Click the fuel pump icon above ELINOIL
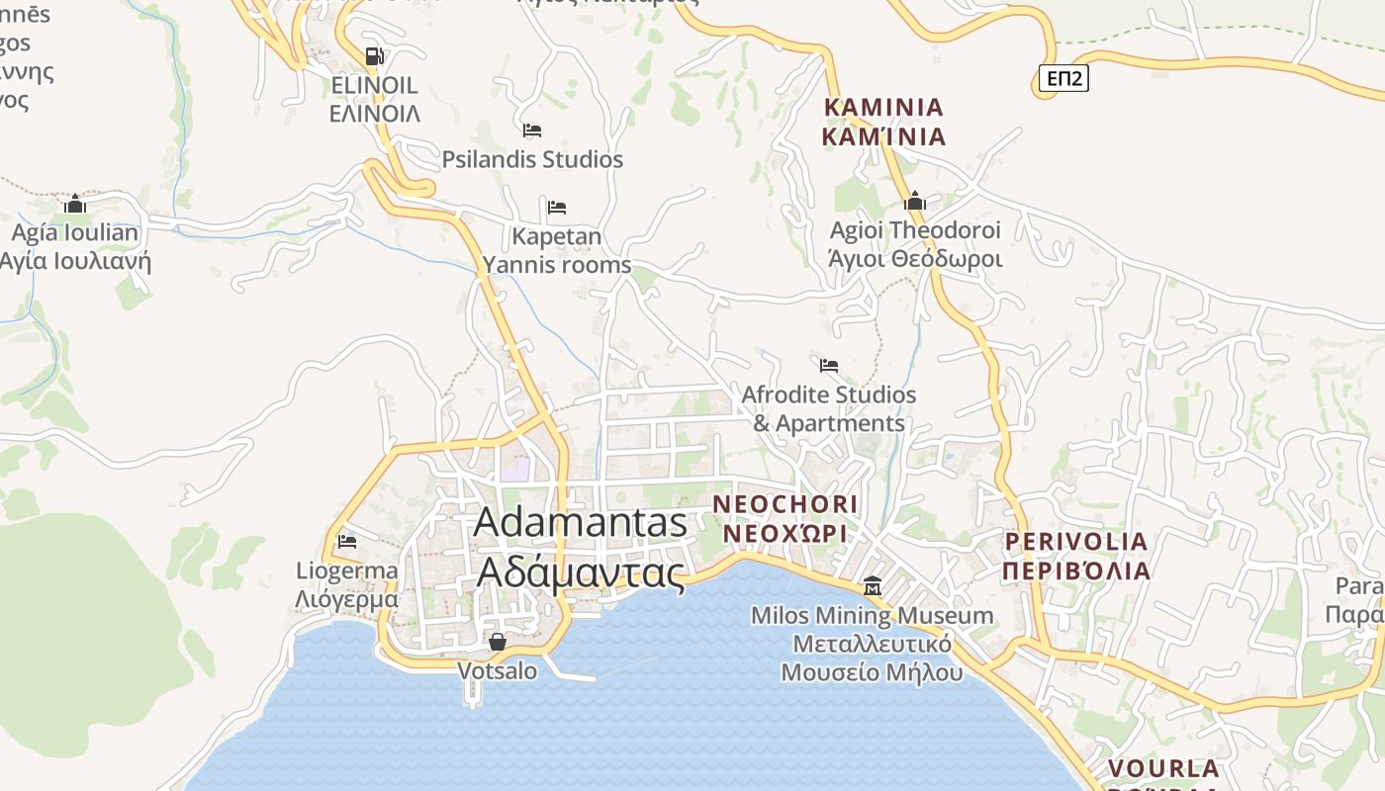click(374, 56)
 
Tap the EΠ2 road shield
click(1063, 79)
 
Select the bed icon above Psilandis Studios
click(532, 131)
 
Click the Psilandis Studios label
click(532, 159)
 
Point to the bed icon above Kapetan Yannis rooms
click(557, 208)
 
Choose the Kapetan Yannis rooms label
click(557, 251)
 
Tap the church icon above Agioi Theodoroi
click(915, 202)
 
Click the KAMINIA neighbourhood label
click(883, 122)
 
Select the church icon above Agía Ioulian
click(75, 205)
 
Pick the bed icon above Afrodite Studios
click(829, 366)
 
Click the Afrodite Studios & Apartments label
click(829, 408)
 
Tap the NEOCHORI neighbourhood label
click(785, 518)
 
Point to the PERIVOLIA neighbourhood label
click(1076, 556)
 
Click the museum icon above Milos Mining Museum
click(872, 587)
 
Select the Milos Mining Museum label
click(872, 644)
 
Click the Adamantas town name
click(581, 546)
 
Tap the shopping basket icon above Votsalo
click(498, 643)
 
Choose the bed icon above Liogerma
click(346, 542)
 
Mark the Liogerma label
click(347, 584)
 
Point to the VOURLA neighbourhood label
click(1162, 769)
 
